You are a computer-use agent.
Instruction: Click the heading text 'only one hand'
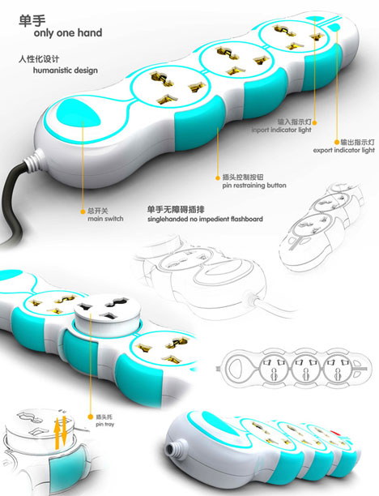click(68, 33)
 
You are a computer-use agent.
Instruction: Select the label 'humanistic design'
click(65, 70)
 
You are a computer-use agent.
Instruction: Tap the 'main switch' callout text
click(105, 219)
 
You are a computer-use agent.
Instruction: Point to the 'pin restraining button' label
click(253, 186)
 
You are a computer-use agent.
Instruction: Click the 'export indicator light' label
click(343, 150)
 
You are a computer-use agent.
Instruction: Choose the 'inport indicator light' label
click(281, 130)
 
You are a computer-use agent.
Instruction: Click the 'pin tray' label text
click(105, 424)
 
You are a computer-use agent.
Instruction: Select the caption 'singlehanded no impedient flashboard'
click(205, 219)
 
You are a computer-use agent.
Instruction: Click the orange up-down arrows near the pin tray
click(60, 432)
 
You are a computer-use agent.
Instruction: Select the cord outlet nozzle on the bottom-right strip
click(174, 448)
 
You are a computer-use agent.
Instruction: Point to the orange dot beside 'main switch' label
click(83, 212)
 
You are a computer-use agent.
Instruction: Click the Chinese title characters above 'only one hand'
click(32, 20)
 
